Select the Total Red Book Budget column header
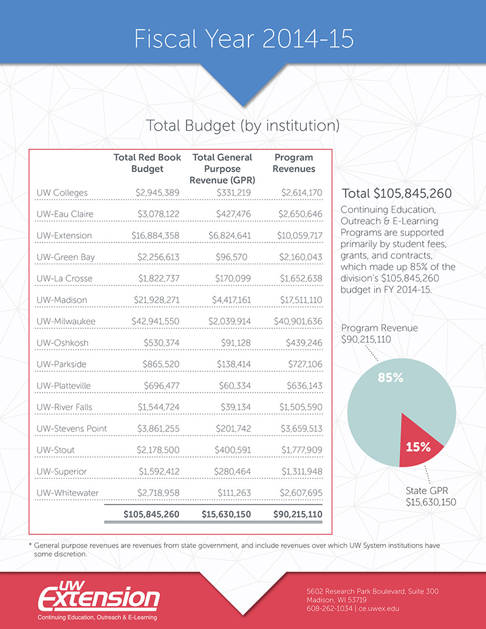[x=147, y=163]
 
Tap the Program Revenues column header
[x=293, y=163]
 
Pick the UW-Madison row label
[x=62, y=300]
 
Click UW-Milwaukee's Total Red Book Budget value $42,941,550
[x=156, y=321]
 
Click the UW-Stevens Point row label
[x=72, y=428]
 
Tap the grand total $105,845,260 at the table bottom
[x=152, y=514]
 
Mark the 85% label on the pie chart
[x=390, y=377]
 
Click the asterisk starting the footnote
[x=30, y=546]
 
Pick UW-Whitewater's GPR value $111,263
[x=233, y=492]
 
